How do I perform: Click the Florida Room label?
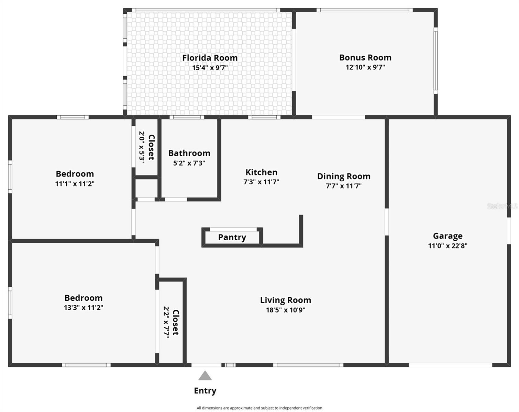point(210,58)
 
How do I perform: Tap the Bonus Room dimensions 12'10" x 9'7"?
point(365,67)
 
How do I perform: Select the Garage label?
point(448,236)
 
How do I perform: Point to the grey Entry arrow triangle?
point(205,376)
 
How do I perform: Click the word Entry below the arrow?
point(205,391)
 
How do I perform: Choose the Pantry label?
point(232,237)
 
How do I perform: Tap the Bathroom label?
point(189,153)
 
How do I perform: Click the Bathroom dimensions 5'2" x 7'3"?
point(189,163)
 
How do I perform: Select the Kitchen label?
point(261,172)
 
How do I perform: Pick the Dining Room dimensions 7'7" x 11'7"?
point(343,186)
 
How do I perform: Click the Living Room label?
point(285,300)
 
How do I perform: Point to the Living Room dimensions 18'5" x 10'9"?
point(285,310)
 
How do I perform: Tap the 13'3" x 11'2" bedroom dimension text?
point(83,308)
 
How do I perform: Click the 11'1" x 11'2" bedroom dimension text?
point(75,184)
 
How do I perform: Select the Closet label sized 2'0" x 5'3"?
point(151,147)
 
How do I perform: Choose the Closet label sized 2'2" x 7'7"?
point(176,322)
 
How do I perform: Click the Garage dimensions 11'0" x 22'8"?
point(448,246)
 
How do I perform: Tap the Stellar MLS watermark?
point(502,206)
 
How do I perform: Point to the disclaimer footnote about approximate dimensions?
point(259,408)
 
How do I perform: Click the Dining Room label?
point(343,176)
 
